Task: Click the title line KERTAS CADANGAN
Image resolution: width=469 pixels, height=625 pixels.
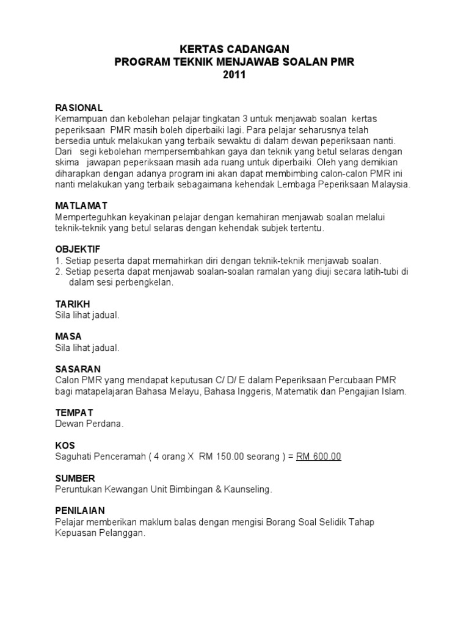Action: tap(234, 49)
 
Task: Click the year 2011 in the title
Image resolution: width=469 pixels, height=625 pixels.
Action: tap(234, 75)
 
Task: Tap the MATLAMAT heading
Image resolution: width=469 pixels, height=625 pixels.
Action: tap(81, 206)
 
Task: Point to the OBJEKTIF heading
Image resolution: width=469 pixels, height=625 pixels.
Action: tap(78, 250)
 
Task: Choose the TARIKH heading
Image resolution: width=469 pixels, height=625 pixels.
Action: tap(72, 304)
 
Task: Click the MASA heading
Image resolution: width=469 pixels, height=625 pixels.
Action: tap(68, 336)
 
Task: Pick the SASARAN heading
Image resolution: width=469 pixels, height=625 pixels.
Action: tap(78, 369)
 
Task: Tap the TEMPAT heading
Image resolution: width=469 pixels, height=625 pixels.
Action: tap(74, 413)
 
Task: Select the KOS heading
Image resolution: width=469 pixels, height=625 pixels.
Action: tap(64, 446)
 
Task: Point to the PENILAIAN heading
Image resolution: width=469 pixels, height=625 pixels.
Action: tap(79, 510)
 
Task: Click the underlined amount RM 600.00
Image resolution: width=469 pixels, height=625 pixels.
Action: tap(319, 457)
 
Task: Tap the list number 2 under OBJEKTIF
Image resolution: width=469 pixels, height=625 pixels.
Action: tap(58, 272)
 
